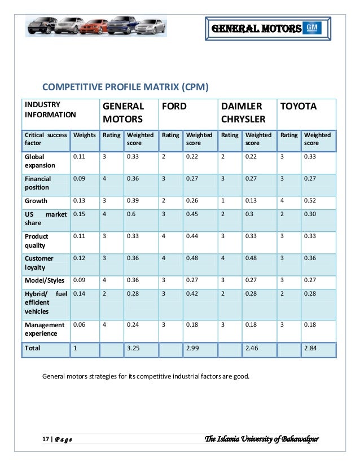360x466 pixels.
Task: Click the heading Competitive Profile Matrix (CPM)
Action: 126,87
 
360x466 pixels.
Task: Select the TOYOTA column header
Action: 298,106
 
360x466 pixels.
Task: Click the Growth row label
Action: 36,201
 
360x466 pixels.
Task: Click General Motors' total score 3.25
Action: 133,349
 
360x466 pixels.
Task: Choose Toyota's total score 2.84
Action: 311,349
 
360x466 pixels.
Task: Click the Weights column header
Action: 85,135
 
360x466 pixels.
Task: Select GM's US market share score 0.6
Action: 131,214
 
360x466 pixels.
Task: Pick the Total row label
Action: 32,349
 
